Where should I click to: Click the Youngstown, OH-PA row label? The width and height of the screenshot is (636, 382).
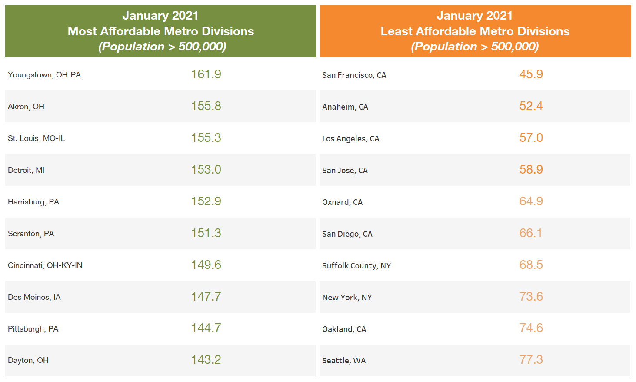tap(44, 75)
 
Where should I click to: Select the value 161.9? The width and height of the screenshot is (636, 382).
tap(206, 74)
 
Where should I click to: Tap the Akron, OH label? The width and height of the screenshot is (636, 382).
tap(26, 107)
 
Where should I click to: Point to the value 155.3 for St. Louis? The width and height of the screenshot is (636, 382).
tap(206, 138)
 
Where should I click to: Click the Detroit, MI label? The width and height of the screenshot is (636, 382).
tap(26, 170)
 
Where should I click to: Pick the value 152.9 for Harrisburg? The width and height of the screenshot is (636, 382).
tap(206, 201)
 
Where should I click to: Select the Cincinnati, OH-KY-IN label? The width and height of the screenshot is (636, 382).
tap(45, 265)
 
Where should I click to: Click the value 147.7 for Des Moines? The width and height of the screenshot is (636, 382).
tap(206, 297)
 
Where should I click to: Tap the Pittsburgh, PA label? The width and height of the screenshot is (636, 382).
tap(33, 329)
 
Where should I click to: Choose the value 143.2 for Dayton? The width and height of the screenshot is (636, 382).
tap(206, 360)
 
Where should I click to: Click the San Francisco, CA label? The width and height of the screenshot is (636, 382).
tap(354, 75)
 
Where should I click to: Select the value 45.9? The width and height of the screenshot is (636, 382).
tap(531, 74)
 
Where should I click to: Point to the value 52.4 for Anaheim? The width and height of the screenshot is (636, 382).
tap(531, 106)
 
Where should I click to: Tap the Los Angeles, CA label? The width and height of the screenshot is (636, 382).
tap(350, 139)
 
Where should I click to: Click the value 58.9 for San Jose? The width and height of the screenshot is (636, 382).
tap(531, 170)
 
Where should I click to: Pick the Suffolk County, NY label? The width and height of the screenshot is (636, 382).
tap(356, 266)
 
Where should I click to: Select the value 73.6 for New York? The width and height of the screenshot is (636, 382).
tap(531, 297)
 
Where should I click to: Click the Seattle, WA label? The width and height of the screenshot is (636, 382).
tap(344, 361)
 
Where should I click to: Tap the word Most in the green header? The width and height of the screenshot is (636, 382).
tap(82, 31)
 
